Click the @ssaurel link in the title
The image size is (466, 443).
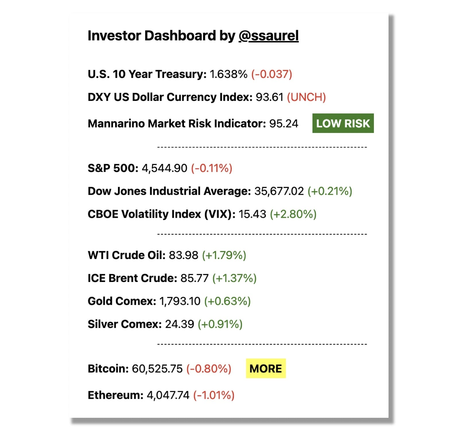[x=268, y=36]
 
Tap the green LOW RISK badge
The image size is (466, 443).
[x=343, y=123]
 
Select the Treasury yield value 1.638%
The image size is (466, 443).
[x=228, y=74]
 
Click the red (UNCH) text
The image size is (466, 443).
[x=306, y=97]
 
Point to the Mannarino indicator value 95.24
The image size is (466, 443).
[x=284, y=124]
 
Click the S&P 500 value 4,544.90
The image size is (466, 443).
[x=164, y=168]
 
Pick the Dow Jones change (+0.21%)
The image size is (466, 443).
[x=330, y=191]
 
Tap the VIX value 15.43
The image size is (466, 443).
[x=252, y=214]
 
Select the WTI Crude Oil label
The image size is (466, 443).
[x=127, y=255]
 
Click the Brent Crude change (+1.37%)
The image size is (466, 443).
[x=234, y=278]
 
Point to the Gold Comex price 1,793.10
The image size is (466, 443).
[x=180, y=301]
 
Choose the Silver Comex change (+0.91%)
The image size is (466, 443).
[x=220, y=324]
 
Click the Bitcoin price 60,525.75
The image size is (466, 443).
[x=157, y=368]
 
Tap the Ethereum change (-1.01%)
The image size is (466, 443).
[x=214, y=395]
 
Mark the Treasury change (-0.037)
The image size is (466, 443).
[x=271, y=74]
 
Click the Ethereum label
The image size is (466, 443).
[x=115, y=395]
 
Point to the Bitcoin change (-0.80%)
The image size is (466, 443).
[x=209, y=368]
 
